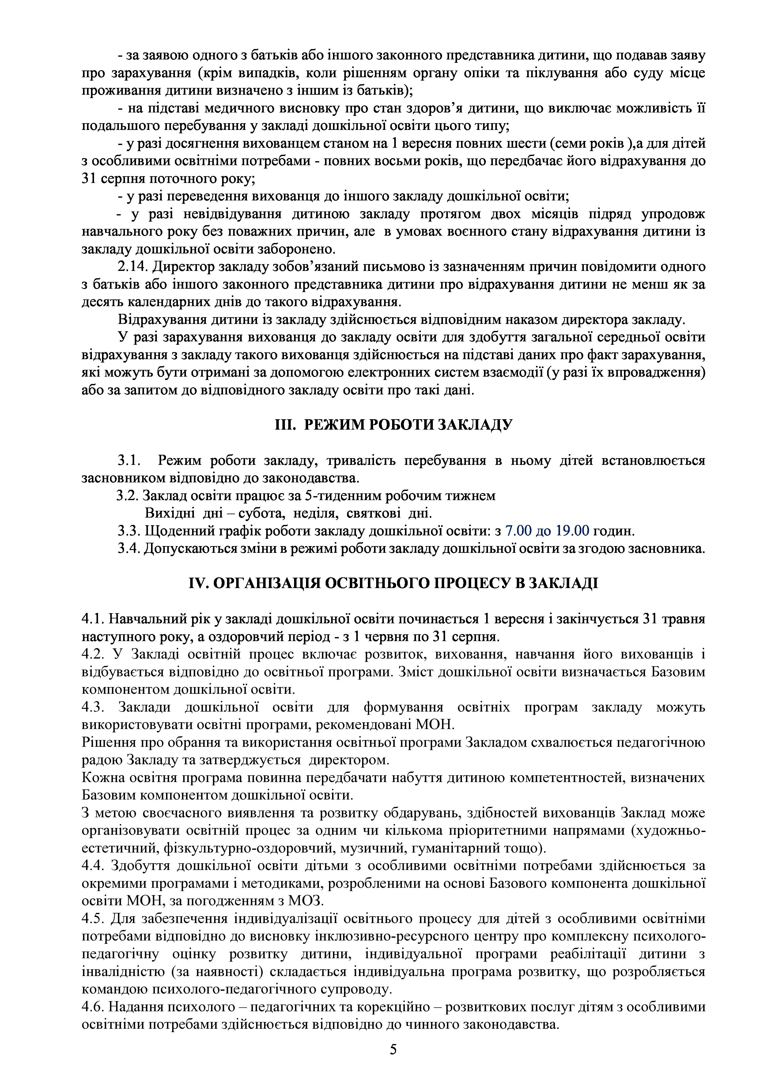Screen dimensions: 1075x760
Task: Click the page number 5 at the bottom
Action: [393, 1049]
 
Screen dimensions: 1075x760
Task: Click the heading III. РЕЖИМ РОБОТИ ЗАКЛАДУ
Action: [393, 425]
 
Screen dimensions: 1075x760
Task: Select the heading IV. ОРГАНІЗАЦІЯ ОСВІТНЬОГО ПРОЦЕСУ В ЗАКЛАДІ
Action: [393, 583]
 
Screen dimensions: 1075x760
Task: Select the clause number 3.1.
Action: [129, 461]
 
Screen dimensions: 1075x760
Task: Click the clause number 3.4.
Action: [129, 549]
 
